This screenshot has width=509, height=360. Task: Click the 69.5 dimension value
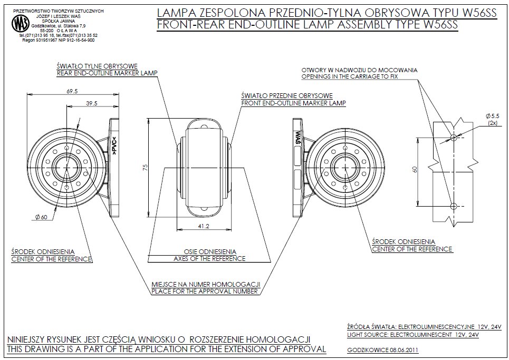tap(72, 91)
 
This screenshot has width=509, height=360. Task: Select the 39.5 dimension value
tap(92, 104)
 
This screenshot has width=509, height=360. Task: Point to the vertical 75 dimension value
tap(146, 167)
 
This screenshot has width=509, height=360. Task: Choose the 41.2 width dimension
tap(203, 226)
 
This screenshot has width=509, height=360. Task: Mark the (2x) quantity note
tap(493, 122)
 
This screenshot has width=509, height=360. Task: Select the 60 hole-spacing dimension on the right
tap(415, 170)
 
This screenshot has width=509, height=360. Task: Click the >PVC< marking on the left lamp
tap(114, 146)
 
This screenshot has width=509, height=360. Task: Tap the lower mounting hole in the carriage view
tap(453, 206)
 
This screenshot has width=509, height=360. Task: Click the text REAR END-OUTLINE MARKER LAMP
tap(107, 74)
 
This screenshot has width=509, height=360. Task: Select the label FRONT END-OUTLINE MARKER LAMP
tap(293, 103)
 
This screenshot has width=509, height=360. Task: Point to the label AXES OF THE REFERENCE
tap(209, 259)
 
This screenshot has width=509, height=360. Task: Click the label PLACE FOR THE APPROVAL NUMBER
tap(205, 291)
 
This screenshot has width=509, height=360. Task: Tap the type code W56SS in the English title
tap(437, 25)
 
